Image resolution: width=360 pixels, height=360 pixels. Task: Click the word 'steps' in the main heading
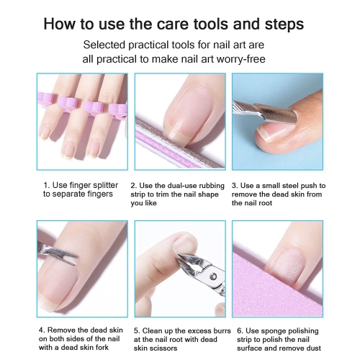pos(284,24)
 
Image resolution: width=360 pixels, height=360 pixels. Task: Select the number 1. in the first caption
pos(47,185)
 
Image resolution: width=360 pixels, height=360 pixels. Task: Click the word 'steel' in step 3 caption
pos(290,186)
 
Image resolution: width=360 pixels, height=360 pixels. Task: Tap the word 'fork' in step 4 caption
pos(103,347)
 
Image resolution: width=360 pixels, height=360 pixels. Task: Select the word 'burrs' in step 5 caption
pos(222,330)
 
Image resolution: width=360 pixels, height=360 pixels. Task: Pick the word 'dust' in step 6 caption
pos(313,348)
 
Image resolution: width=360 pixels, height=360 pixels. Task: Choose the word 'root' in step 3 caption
pos(266,203)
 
